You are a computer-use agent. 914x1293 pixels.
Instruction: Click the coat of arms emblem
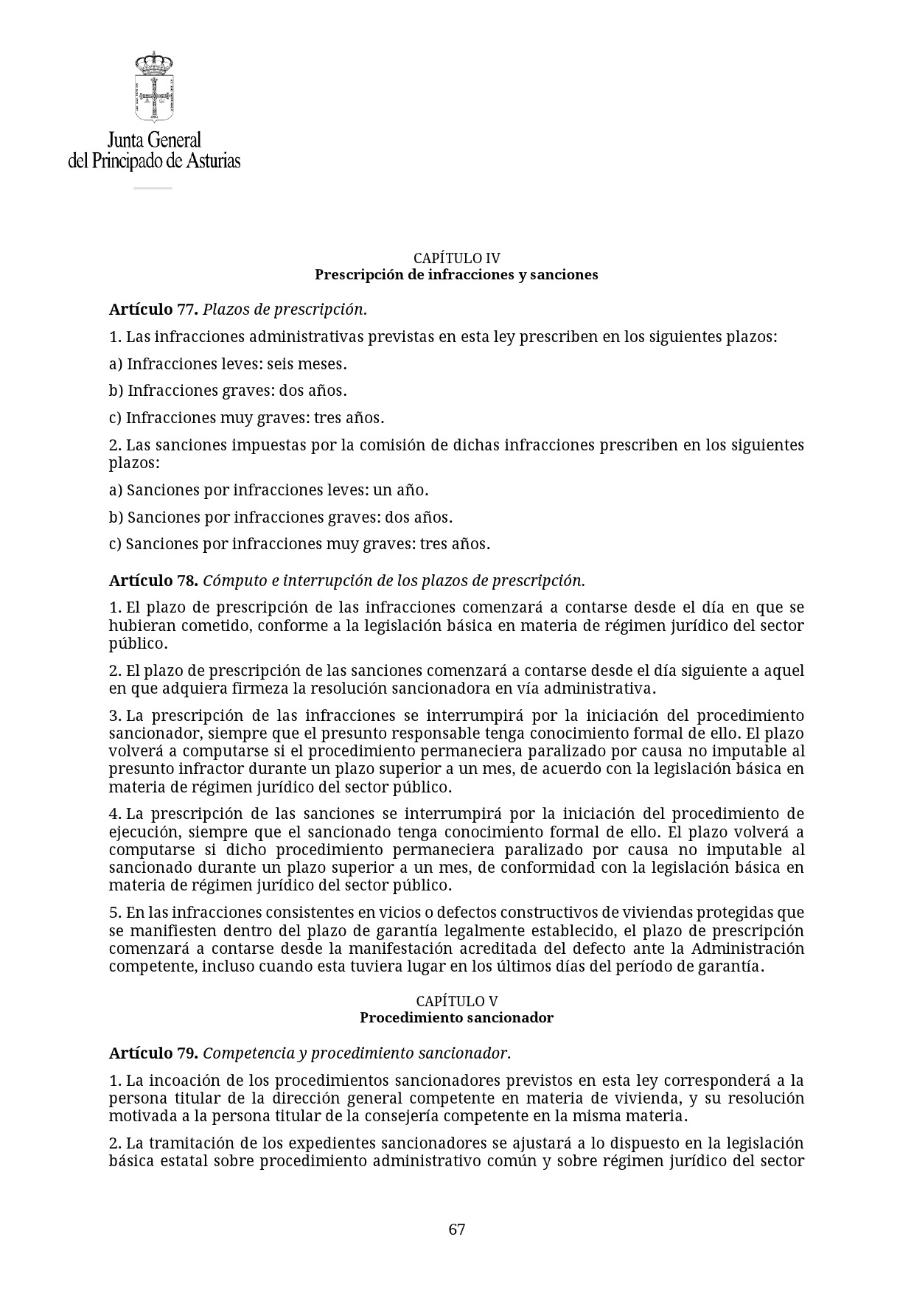click(x=153, y=87)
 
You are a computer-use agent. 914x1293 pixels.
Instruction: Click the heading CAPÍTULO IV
click(x=456, y=258)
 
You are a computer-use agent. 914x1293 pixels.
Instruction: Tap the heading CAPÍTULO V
click(x=456, y=1001)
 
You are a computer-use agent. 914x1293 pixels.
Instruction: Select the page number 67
click(x=456, y=1229)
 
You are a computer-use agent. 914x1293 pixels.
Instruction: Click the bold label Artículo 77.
click(x=153, y=310)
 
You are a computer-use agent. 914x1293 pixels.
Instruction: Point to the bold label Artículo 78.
click(x=153, y=580)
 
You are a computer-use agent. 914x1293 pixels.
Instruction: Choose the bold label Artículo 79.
click(x=153, y=1053)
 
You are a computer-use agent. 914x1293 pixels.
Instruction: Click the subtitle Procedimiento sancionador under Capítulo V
click(x=456, y=1017)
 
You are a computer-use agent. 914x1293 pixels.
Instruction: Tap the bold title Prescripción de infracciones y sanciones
click(x=456, y=274)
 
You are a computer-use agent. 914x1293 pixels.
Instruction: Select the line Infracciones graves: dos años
click(x=228, y=391)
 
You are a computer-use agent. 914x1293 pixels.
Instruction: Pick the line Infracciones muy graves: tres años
click(x=246, y=418)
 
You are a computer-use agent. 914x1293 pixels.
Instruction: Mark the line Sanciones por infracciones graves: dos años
click(x=280, y=517)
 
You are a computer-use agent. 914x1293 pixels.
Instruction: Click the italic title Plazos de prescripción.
click(x=285, y=310)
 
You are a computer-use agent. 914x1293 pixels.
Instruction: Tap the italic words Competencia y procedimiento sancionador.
click(x=356, y=1053)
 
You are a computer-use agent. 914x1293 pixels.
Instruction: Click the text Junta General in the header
click(x=154, y=140)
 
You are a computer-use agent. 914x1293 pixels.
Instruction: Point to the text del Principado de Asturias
click(x=154, y=161)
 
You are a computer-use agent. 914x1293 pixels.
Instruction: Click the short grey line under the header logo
click(x=153, y=189)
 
